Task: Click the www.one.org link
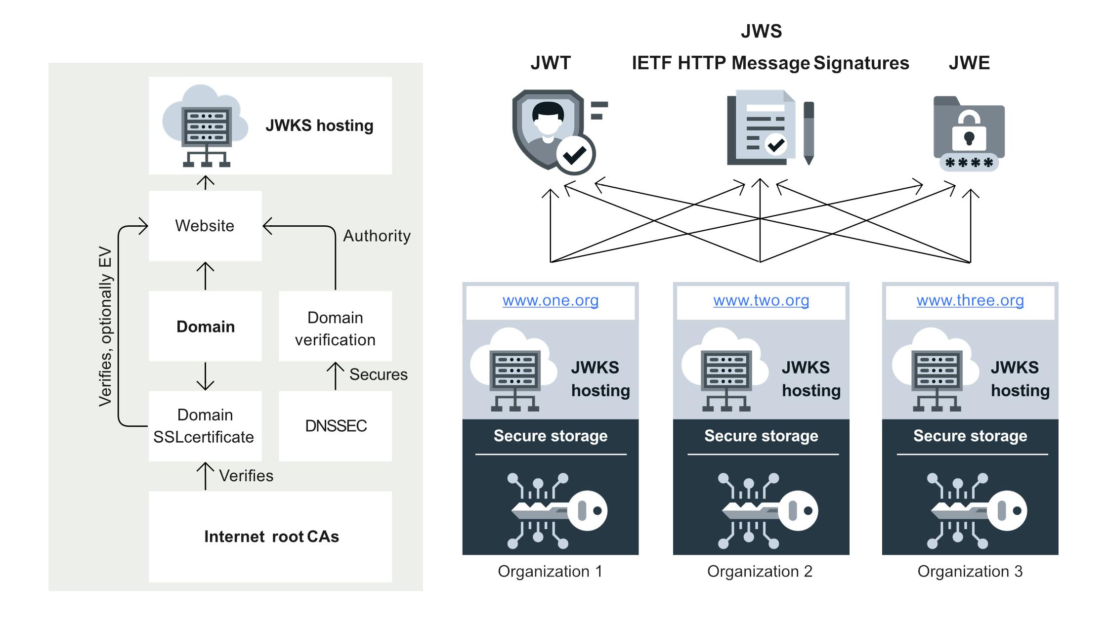551,300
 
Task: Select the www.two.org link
761,300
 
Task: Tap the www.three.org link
970,300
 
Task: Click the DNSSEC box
336,426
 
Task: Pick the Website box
205,226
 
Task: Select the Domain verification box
336,326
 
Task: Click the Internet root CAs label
271,537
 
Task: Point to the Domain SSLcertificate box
205,426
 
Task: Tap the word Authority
377,236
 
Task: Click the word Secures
379,374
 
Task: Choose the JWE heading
969,63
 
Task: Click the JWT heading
551,63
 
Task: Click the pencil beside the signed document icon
809,133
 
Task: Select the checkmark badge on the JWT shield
575,155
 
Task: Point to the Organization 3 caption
970,572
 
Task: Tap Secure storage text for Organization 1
551,436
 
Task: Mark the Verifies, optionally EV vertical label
105,326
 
